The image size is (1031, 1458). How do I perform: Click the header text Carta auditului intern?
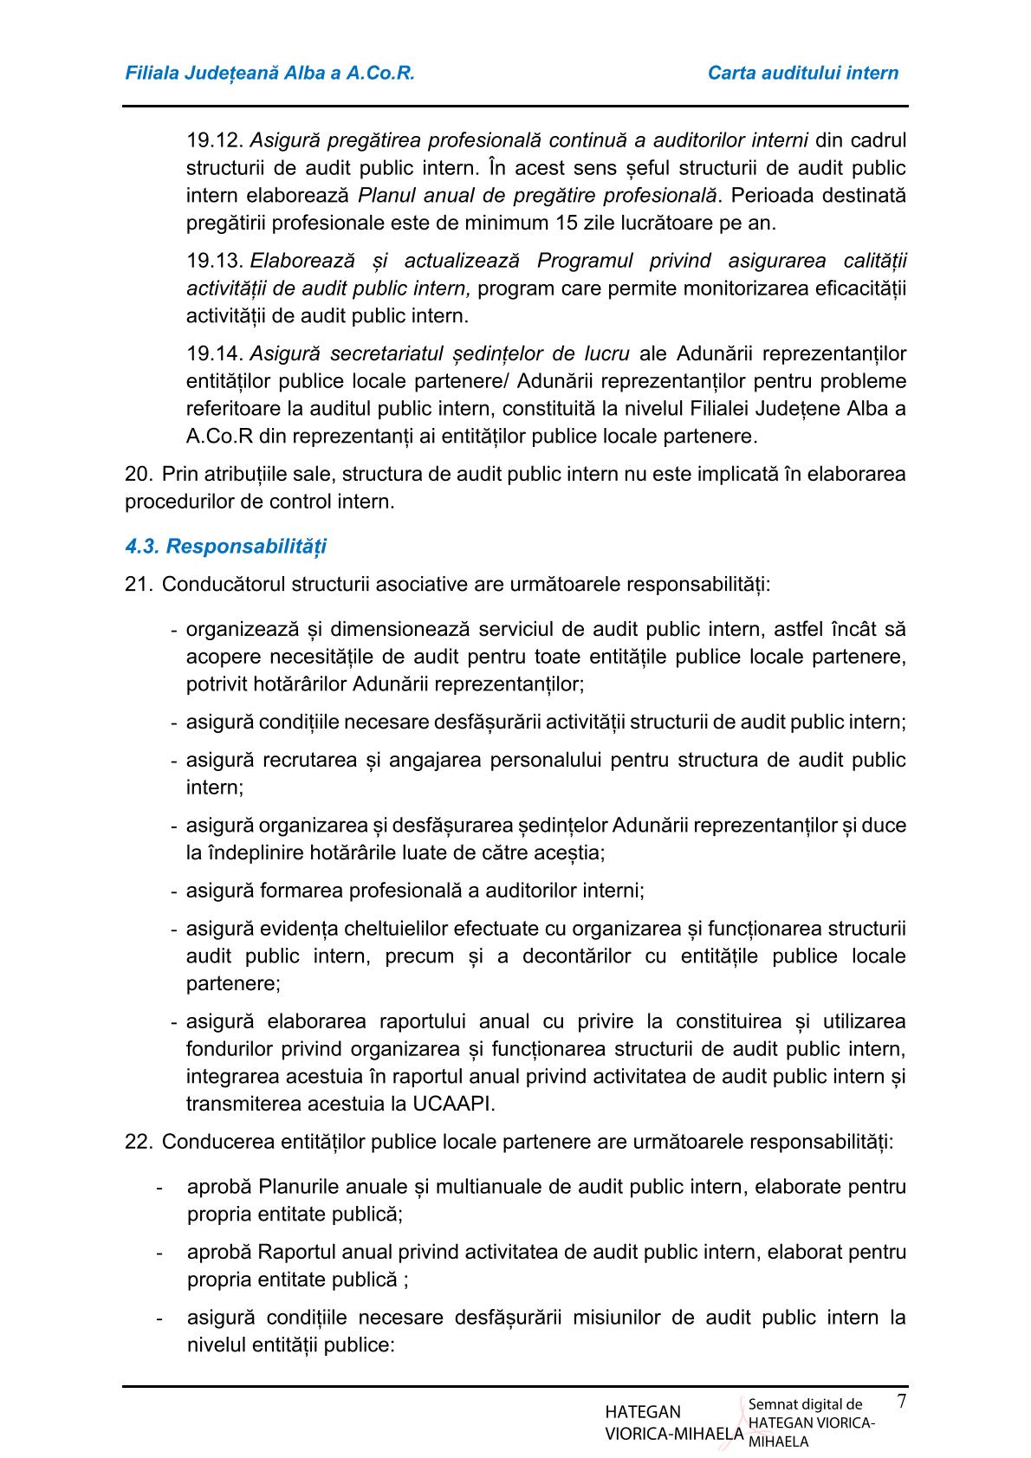(x=802, y=73)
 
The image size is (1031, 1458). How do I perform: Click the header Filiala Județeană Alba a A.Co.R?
(x=270, y=73)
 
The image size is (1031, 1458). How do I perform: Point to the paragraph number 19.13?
(x=213, y=261)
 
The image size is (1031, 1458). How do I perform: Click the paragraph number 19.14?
(x=213, y=353)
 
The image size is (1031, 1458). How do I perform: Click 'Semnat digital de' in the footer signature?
(x=805, y=1404)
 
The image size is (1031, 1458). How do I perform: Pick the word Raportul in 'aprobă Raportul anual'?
(x=292, y=1252)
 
